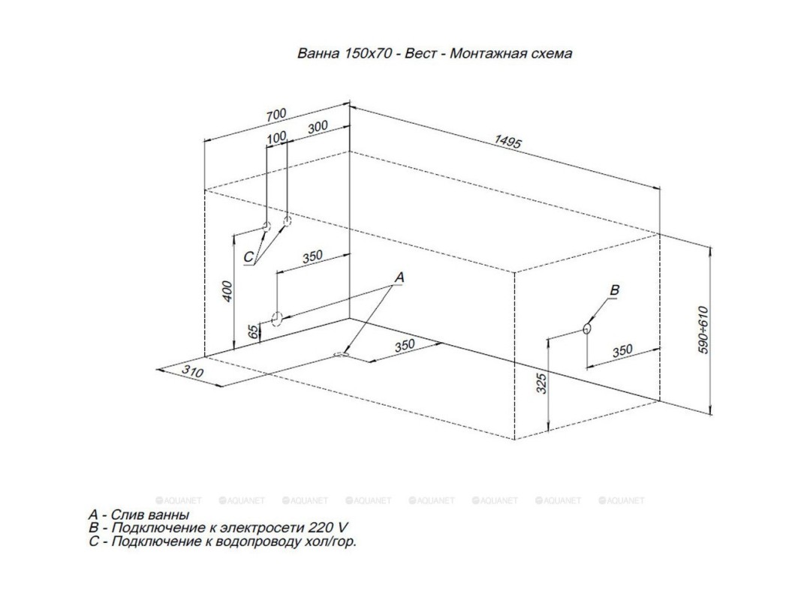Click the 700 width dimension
point(276,115)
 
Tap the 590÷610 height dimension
point(703,330)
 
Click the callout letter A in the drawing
point(399,277)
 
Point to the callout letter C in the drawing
point(248,257)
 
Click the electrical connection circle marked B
point(587,328)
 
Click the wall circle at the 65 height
point(276,319)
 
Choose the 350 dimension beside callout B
point(622,351)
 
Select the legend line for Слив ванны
point(138,515)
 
